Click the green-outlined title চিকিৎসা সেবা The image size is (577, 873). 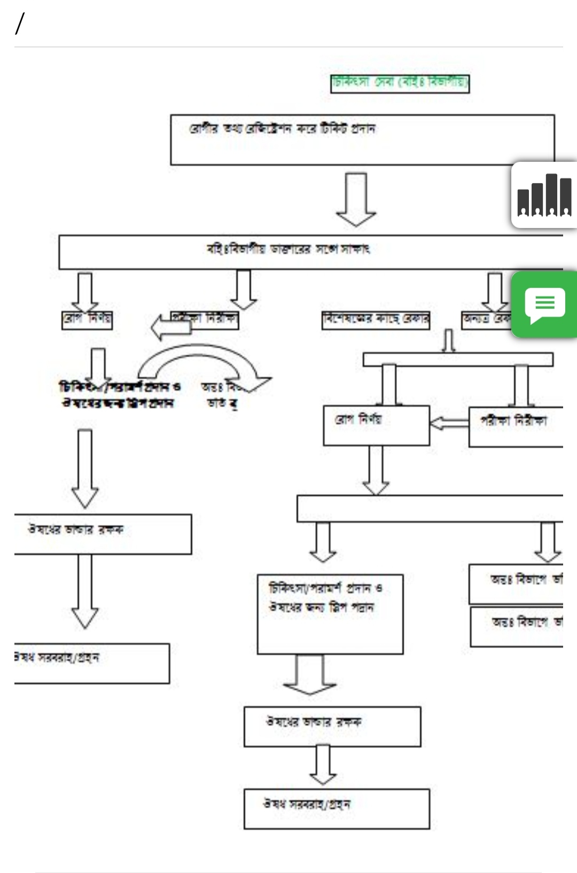400,83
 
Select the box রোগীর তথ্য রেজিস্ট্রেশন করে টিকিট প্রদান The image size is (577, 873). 362,139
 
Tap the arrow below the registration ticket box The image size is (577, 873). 356,199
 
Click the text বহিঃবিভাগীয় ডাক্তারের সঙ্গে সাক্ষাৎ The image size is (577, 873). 288,249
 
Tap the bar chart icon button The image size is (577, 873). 544,196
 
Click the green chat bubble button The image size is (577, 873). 544,305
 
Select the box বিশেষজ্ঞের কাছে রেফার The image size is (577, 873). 376,319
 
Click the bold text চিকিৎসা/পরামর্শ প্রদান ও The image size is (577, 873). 120,386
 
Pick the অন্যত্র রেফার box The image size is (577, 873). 487,319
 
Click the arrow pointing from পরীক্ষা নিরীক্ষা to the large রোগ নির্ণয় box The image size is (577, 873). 449,424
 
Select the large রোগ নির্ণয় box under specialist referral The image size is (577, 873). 376,425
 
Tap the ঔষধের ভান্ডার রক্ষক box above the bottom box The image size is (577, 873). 332,727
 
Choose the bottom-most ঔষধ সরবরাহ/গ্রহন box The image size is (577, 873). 336,808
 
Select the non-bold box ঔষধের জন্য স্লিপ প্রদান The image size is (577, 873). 330,614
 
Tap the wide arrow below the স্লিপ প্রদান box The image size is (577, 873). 310,674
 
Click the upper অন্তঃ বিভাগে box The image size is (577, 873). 516,583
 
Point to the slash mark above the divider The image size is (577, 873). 20,24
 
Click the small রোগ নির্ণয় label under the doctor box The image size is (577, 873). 87,319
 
